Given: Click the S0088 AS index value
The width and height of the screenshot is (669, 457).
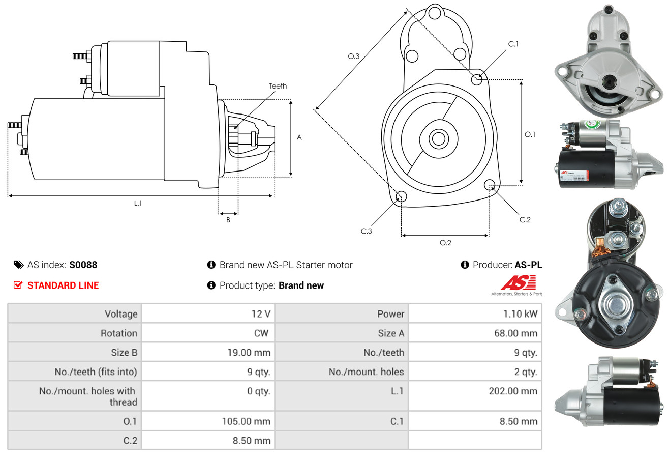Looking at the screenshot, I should (x=83, y=265).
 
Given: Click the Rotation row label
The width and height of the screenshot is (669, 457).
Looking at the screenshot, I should (x=118, y=333).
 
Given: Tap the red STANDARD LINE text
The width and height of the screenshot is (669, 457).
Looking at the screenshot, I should (x=63, y=285).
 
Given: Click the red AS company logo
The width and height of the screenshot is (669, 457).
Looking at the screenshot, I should (x=518, y=282).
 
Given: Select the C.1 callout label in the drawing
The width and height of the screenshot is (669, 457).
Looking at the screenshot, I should (x=513, y=44).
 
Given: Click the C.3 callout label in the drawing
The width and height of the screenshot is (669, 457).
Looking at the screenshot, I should (x=367, y=231).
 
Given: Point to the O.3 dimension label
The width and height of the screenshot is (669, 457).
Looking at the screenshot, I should (x=354, y=56).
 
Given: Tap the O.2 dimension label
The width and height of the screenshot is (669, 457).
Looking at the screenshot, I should (x=445, y=243).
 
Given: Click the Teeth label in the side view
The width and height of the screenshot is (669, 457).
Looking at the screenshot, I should (x=278, y=86).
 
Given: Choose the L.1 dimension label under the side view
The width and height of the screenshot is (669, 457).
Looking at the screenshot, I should (x=138, y=203).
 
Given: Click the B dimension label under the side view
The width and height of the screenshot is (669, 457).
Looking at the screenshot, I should (x=228, y=220).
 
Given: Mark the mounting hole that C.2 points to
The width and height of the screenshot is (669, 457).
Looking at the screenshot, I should (x=490, y=184).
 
